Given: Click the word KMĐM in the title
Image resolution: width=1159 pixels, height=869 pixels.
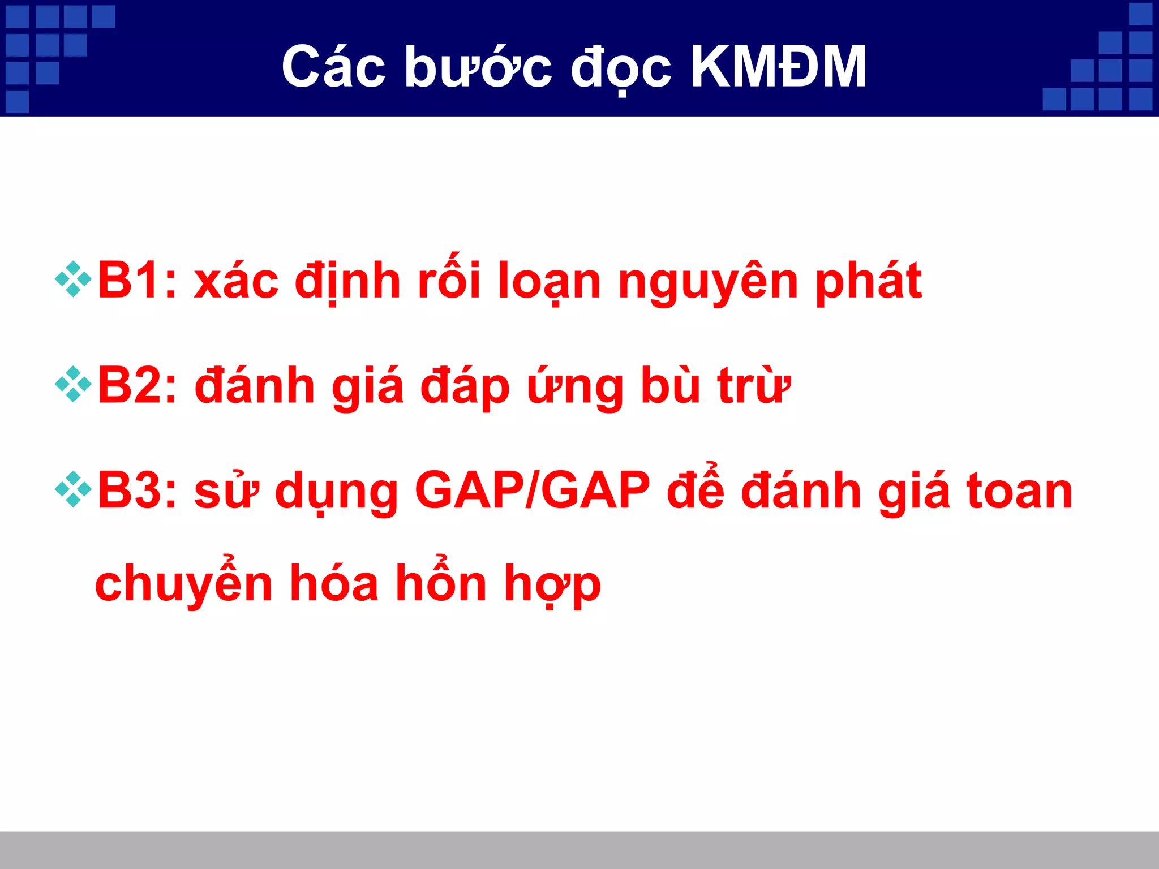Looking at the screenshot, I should pos(779,67).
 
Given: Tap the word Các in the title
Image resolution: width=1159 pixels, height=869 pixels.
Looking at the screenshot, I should pos(333,67).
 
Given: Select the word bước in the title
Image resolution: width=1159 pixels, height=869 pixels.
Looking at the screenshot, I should pos(478,67).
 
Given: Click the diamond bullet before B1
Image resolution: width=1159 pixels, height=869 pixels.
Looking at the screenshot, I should pos(73,279).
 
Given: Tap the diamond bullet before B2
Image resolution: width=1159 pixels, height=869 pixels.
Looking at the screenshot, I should pos(73,384).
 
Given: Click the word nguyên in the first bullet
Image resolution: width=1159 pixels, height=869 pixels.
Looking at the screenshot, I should pos(708,281).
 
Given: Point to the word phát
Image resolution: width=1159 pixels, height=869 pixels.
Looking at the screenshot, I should pos(869,281).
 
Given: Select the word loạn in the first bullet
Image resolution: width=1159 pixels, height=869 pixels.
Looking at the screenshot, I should pos(548,281).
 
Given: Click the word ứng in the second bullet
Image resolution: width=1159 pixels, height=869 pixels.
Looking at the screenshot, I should pos(575,386).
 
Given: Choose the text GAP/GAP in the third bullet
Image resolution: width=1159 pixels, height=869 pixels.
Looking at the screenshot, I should pos(532,491).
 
